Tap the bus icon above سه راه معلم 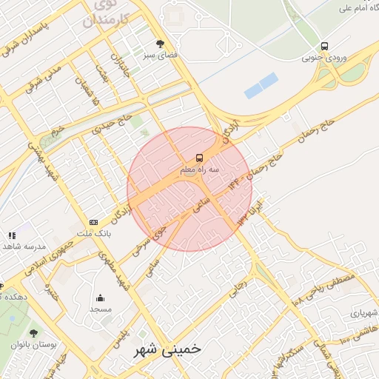click(199, 158)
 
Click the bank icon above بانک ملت click(93, 222)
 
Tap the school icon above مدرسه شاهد click(12, 235)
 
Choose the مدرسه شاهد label click(24, 246)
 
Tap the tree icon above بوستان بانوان click(33, 334)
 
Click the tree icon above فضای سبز click(161, 44)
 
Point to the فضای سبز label click(160, 56)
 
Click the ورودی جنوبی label click(324, 57)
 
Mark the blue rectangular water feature click(261, 85)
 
